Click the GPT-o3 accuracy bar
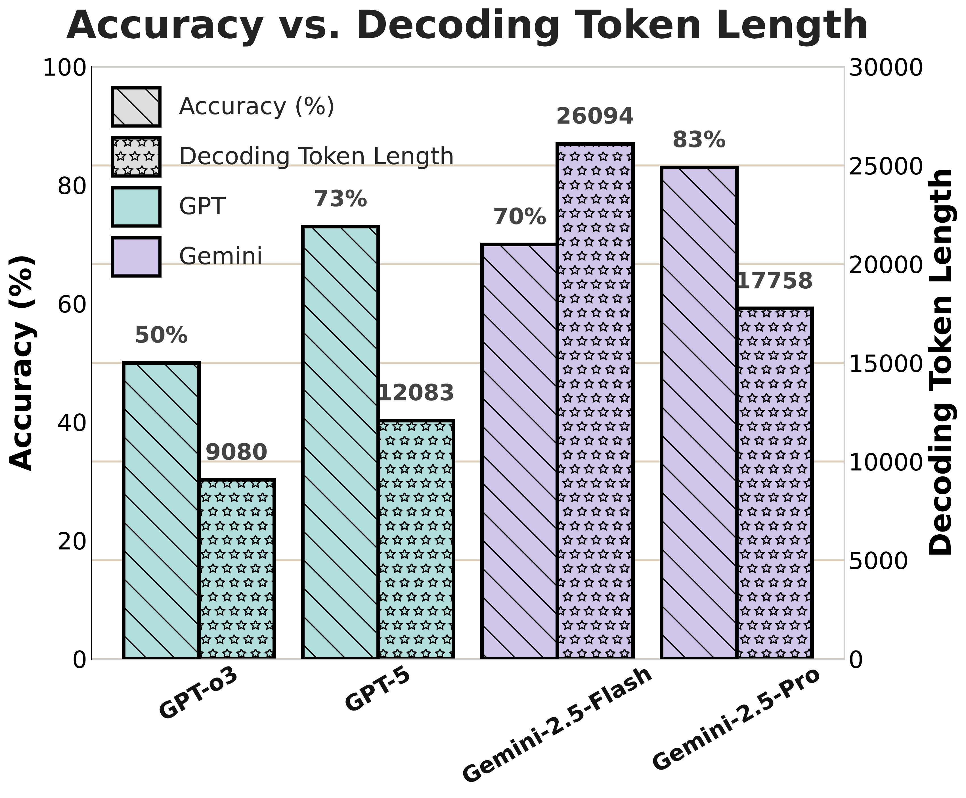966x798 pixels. [x=161, y=510]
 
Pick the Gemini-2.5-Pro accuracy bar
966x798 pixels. [x=699, y=412]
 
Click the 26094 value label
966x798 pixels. [x=595, y=116]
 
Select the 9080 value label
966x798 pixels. [x=236, y=452]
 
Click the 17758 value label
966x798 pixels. [x=774, y=281]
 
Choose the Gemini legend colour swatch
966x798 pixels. [x=136, y=257]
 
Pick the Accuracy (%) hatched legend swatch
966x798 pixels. [x=136, y=107]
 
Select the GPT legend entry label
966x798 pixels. [x=202, y=207]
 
